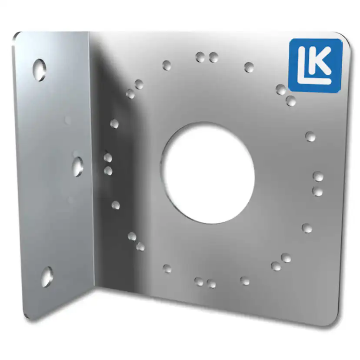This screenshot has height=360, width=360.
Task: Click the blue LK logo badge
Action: pos(315,65)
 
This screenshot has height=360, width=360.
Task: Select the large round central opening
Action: pos(208,173)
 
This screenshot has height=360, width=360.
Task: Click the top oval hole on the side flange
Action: pos(39,69)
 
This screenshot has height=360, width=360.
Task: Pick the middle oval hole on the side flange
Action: pos(78,167)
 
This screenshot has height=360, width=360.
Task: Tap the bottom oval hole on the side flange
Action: pos(47,277)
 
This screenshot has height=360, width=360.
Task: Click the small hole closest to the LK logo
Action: pos(281,90)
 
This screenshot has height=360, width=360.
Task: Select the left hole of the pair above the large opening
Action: pos(200,57)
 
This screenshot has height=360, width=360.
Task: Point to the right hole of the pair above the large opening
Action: pos(213,57)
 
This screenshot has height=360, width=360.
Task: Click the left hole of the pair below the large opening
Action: pos(199,282)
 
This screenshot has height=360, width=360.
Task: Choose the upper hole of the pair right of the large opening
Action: pos(318,177)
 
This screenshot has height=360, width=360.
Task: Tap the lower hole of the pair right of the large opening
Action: pos(318,191)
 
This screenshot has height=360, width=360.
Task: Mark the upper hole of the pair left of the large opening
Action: pos(108,158)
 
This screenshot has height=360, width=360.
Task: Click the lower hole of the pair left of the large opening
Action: pos(108,171)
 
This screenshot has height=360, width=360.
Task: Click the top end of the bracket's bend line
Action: pos(89,33)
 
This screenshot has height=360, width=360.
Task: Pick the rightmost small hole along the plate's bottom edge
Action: pos(245,281)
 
